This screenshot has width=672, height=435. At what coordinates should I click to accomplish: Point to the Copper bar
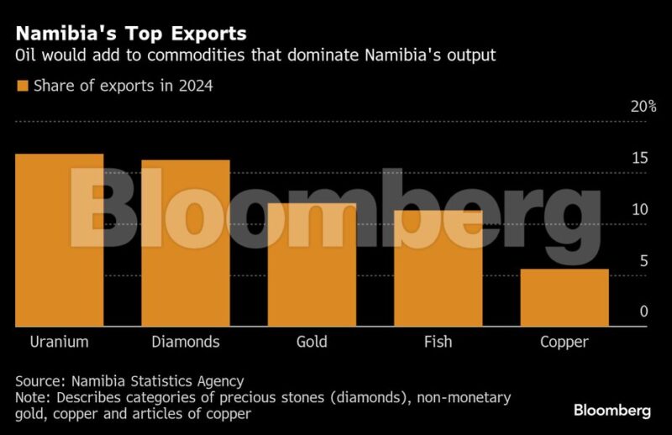click(x=564, y=297)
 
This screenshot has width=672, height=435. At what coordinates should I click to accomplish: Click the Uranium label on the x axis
click(x=60, y=342)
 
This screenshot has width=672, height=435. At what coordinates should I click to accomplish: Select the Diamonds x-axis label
click(x=186, y=342)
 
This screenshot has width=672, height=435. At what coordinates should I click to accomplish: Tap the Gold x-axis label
click(x=312, y=342)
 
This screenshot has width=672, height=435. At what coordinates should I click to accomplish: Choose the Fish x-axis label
click(x=438, y=342)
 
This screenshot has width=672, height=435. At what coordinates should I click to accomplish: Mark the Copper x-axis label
click(x=564, y=342)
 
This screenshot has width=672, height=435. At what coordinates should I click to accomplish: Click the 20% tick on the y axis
click(x=643, y=107)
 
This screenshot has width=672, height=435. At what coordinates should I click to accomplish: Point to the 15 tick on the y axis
click(x=640, y=159)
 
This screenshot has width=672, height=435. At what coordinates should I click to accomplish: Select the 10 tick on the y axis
click(x=640, y=210)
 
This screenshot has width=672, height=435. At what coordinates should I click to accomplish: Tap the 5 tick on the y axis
click(x=644, y=261)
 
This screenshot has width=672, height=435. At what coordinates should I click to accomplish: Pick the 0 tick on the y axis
click(x=644, y=312)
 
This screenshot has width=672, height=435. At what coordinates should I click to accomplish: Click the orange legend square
click(x=23, y=86)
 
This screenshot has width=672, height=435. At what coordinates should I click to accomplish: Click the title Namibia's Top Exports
click(x=131, y=34)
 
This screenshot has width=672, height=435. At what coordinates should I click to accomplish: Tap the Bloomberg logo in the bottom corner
click(x=612, y=411)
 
